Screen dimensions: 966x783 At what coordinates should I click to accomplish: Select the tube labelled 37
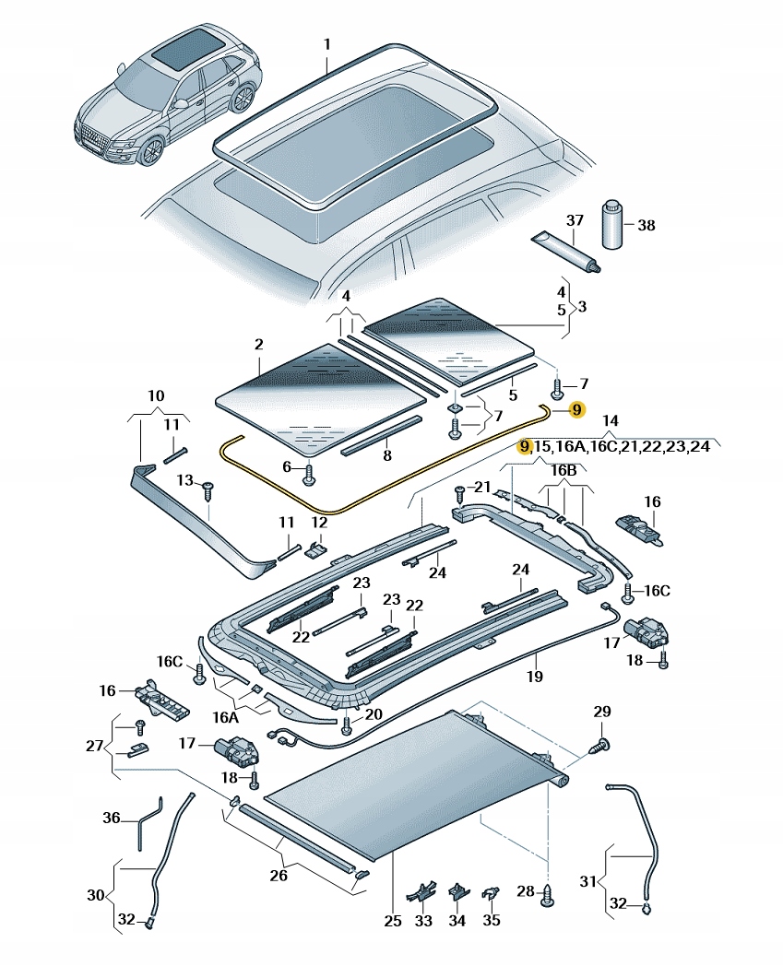point(570,252)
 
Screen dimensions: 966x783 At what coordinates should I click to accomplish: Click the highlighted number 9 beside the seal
point(576,409)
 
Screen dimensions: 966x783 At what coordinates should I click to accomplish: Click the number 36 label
point(112,818)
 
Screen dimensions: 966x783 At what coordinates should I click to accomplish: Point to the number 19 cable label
point(535,677)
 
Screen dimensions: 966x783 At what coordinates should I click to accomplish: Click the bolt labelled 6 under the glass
point(309,474)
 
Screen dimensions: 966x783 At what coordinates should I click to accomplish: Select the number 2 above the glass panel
point(259,345)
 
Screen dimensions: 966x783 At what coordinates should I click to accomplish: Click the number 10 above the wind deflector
point(156,396)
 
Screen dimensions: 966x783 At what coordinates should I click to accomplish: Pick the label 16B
point(564,469)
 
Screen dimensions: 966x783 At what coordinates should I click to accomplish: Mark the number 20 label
point(372,714)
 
